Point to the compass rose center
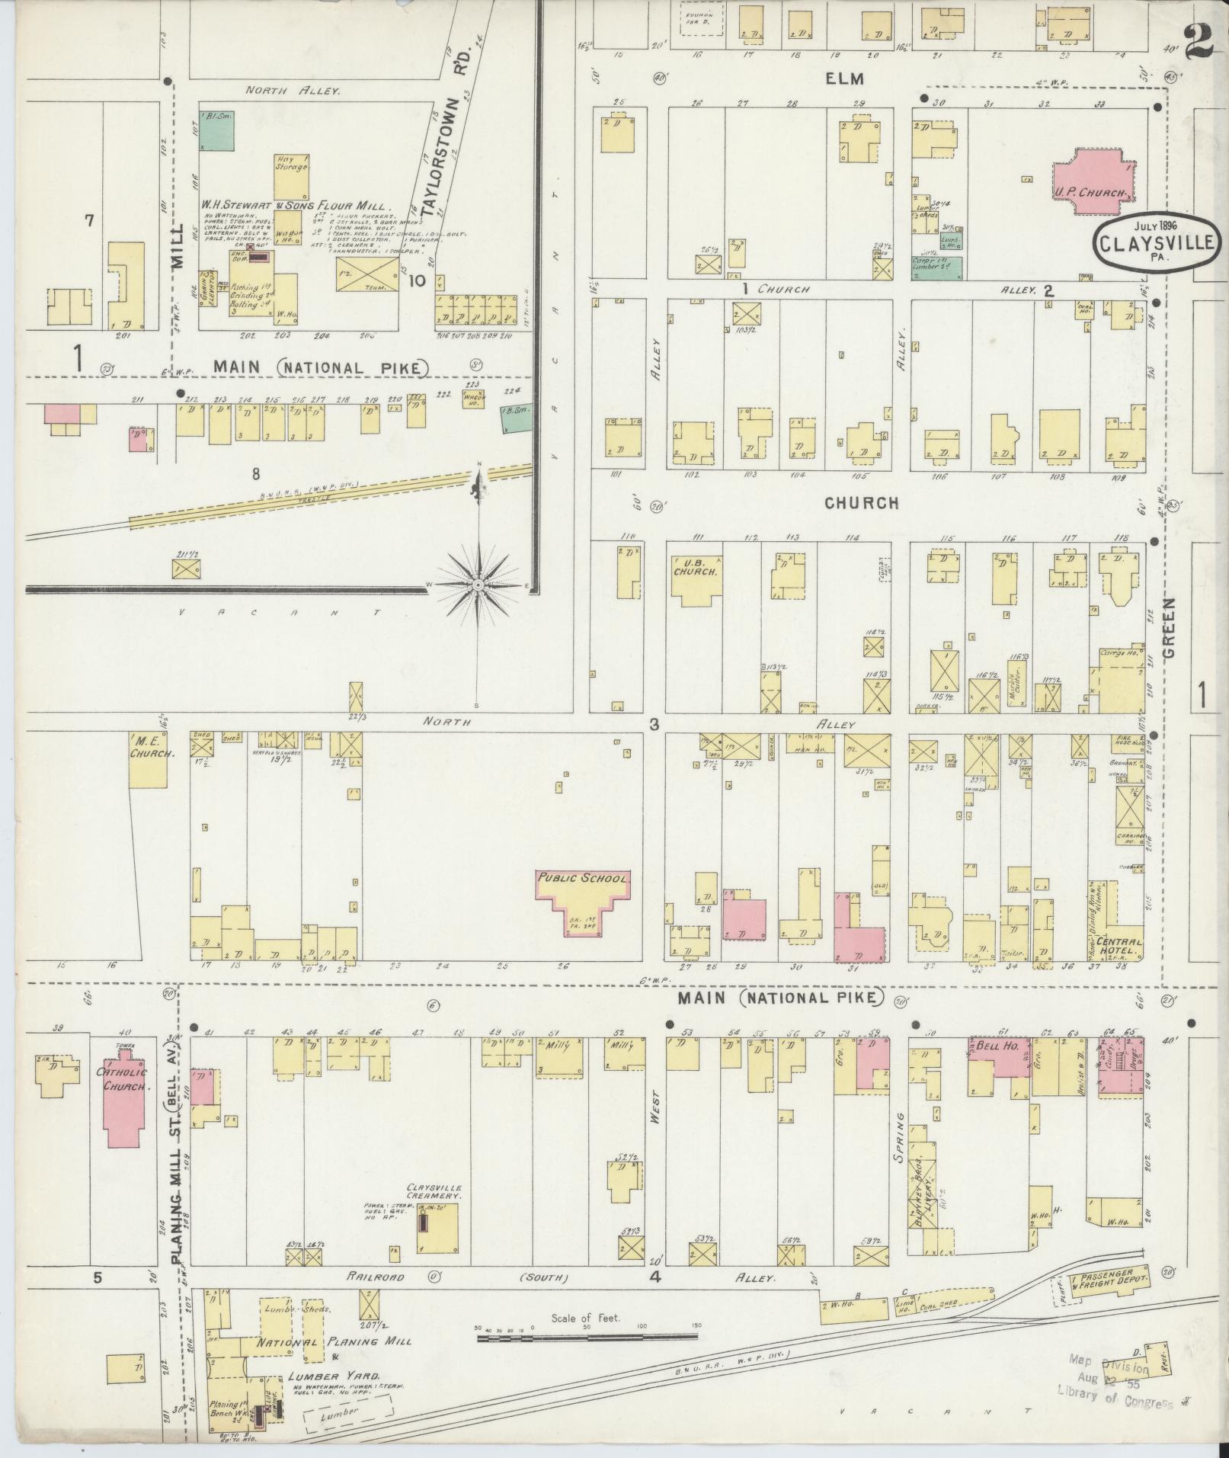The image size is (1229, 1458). click(x=478, y=585)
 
